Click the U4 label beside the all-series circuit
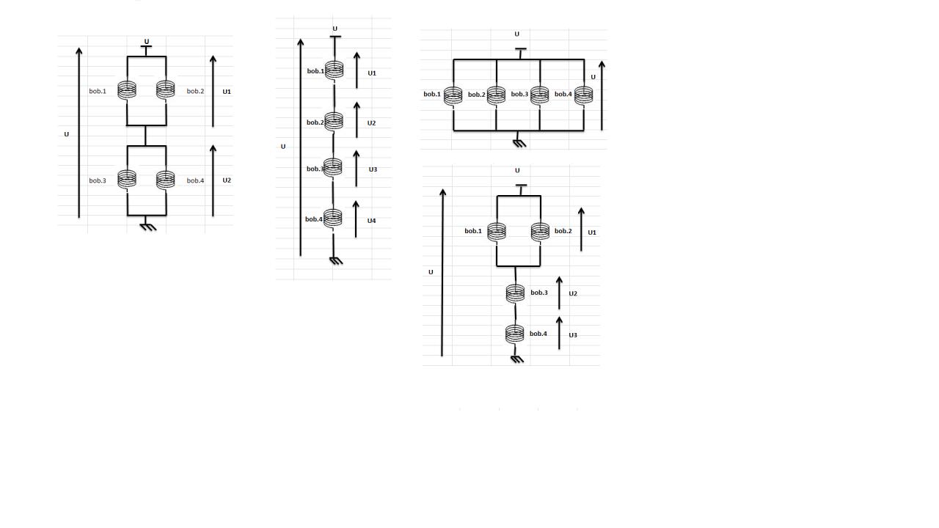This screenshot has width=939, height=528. point(371,221)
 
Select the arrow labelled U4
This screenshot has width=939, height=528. point(356,219)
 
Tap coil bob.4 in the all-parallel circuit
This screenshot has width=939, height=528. point(583,95)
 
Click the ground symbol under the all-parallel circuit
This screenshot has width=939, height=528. point(519,142)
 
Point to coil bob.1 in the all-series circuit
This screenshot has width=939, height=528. point(335,70)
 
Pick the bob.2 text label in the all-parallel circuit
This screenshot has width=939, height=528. point(476,95)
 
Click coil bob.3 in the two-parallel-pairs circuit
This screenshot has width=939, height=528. point(127,179)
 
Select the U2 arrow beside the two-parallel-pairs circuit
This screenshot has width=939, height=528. point(213,180)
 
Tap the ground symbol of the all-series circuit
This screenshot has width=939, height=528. point(336,260)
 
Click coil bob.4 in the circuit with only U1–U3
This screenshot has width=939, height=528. point(515,334)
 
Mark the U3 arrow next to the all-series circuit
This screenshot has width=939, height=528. point(357,169)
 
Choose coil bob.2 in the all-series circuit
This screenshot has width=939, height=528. point(334,121)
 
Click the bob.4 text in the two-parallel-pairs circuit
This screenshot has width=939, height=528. point(195,180)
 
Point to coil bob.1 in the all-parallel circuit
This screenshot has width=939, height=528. point(453,95)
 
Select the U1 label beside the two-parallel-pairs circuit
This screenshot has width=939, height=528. point(227,92)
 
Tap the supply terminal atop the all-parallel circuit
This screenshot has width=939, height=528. point(520,50)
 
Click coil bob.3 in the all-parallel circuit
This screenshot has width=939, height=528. point(540,95)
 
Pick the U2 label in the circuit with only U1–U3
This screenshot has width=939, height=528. point(573,293)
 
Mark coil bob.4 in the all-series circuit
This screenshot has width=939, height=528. point(333,218)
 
